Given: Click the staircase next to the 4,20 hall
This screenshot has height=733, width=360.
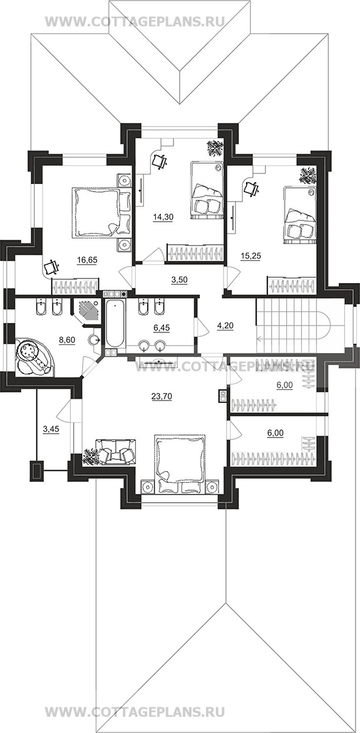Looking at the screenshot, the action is [x=294, y=325].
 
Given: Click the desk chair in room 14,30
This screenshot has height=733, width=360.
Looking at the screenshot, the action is [x=160, y=160].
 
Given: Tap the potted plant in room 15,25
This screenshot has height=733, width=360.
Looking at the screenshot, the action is [x=308, y=175].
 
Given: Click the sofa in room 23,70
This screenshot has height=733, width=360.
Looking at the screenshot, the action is [x=115, y=452].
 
